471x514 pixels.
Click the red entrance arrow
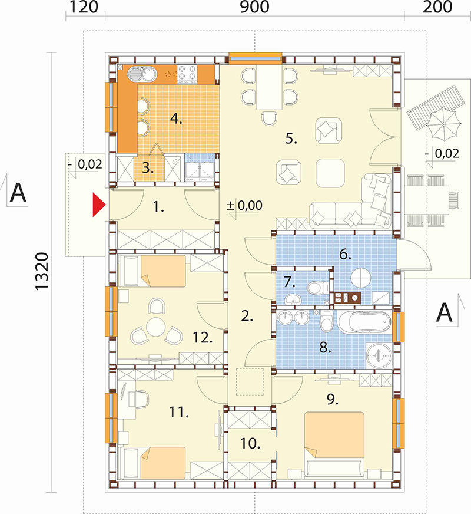pyautogui.click(x=98, y=205)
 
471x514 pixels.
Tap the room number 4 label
pyautogui.click(x=176, y=118)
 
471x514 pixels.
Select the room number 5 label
pyautogui.click(x=291, y=139)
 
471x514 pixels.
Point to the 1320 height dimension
pyautogui.click(x=42, y=271)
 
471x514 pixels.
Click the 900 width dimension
pyautogui.click(x=255, y=7)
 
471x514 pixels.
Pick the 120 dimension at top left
pyautogui.click(x=84, y=7)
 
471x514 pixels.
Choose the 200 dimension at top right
pyautogui.click(x=437, y=7)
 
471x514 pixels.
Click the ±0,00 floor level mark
pyautogui.click(x=244, y=206)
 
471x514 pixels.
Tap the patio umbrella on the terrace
pyautogui.click(x=443, y=124)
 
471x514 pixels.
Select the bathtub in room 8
pyautogui.click(x=364, y=322)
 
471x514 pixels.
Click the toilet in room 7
pyautogui.click(x=318, y=288)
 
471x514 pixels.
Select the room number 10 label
pyautogui.click(x=250, y=443)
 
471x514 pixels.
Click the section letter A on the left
pyautogui.click(x=18, y=193)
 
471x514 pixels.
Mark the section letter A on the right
pyautogui.click(x=445, y=313)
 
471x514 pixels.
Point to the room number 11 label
pyautogui.click(x=179, y=412)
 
